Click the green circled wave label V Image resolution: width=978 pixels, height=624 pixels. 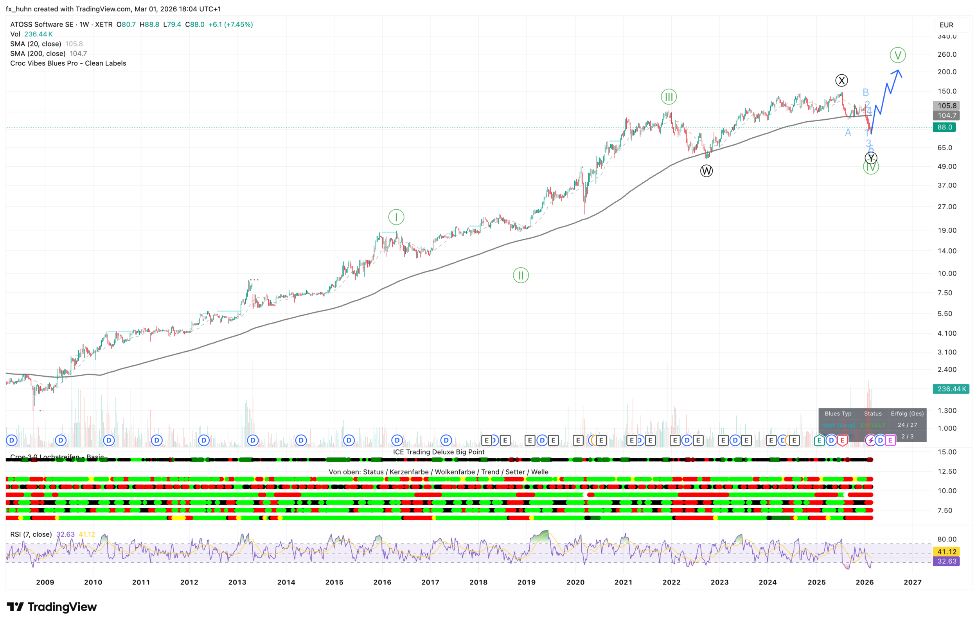coord(897,55)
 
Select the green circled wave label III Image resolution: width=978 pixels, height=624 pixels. coord(669,97)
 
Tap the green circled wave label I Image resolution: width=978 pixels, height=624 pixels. coord(396,217)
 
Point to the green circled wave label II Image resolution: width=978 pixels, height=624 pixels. coord(521,275)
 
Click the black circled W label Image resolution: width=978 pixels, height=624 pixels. coord(706,171)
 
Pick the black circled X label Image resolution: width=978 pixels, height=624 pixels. coord(841,81)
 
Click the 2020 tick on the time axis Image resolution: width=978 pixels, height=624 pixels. coord(575,582)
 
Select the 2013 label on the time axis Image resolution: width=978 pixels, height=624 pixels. coord(237,582)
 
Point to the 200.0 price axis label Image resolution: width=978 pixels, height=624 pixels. coord(947,72)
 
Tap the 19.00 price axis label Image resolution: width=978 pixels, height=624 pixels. coord(947,230)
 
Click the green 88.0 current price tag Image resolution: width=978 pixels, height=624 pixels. coord(944,127)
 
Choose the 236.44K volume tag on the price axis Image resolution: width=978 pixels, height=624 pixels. coord(951,389)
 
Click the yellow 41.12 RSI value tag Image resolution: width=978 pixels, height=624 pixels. coord(947,552)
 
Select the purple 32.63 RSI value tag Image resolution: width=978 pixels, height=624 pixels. coord(947,561)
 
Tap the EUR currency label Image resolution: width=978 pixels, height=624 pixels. coord(946,25)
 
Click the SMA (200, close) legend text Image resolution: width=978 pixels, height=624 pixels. coord(38,54)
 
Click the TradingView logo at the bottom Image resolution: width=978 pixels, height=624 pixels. coord(52,607)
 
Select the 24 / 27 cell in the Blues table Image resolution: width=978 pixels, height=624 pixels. coord(907,425)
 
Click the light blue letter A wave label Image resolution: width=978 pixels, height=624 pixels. coord(848,133)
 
